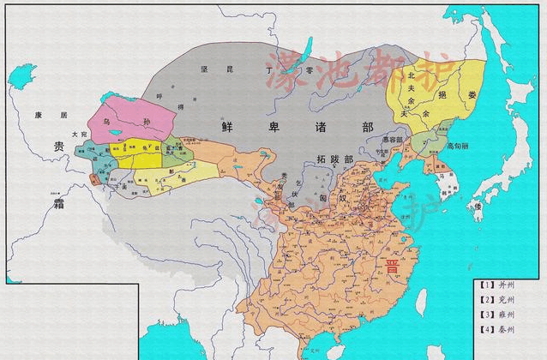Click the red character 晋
[393, 267]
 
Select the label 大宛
[80, 135]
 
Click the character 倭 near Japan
[478, 206]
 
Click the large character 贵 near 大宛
[58, 146]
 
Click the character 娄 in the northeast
[472, 96]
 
